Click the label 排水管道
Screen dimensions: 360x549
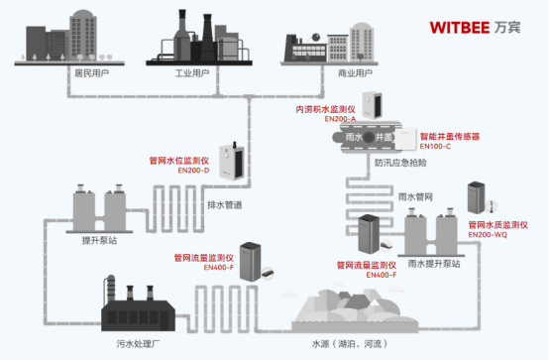click(x=225, y=205)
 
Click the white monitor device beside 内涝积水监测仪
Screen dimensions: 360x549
click(x=373, y=104)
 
